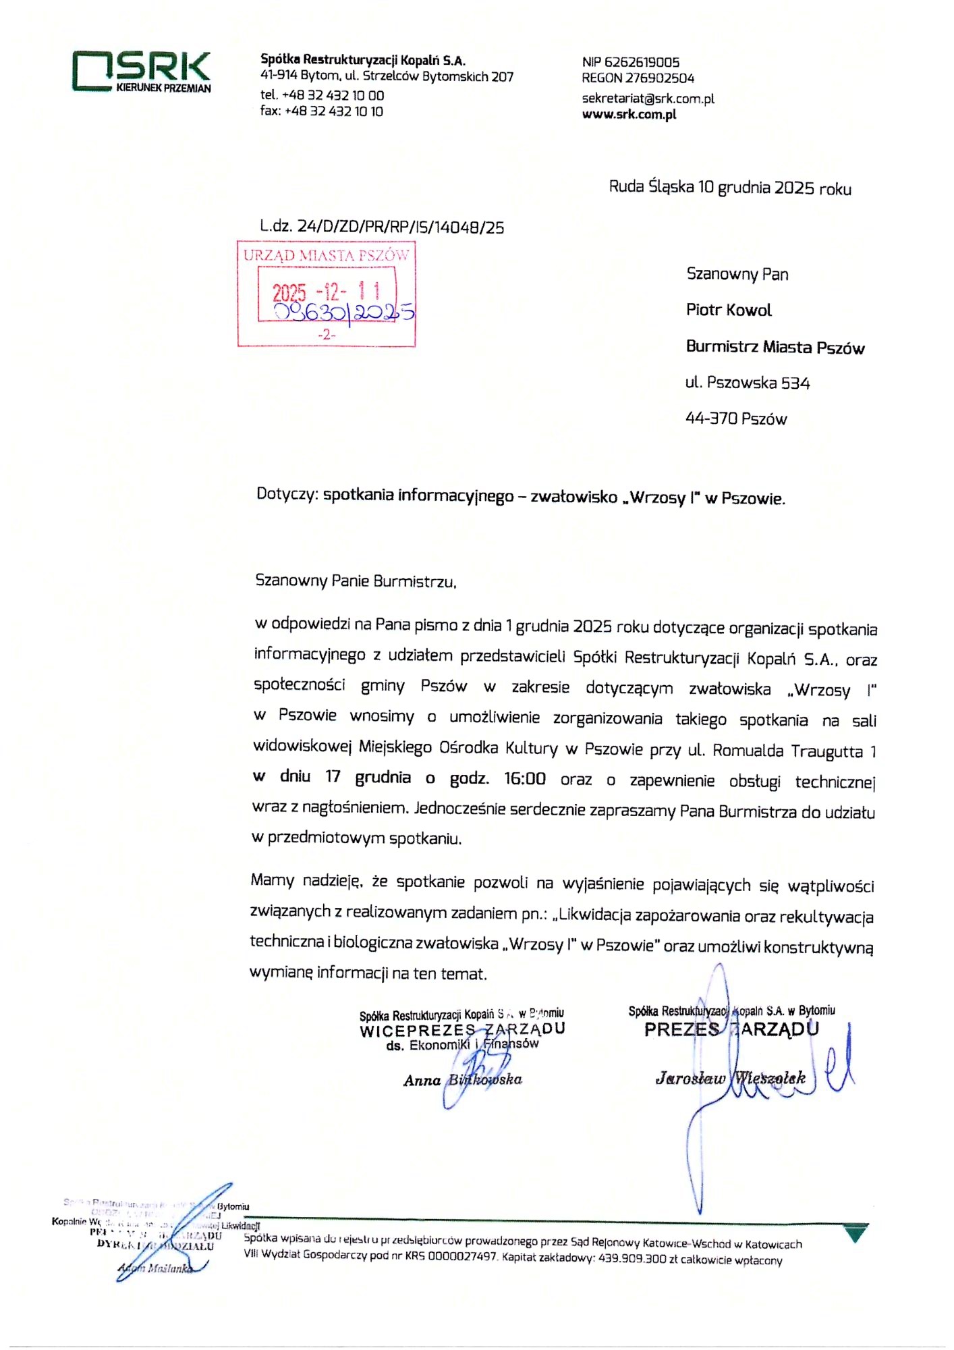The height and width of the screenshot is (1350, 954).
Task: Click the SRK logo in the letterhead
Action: (x=142, y=70)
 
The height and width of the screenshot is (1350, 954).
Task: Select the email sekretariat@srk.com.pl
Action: (x=648, y=99)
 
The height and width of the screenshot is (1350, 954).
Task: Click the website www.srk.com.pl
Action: (x=629, y=114)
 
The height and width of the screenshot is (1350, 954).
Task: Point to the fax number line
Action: (x=322, y=111)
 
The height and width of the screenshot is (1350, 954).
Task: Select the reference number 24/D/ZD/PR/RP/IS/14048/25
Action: (x=401, y=227)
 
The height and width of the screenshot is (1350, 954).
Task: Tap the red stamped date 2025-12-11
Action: (x=327, y=292)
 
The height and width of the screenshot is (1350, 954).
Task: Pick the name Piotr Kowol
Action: (x=729, y=310)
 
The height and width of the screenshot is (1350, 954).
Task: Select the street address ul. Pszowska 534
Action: (x=748, y=383)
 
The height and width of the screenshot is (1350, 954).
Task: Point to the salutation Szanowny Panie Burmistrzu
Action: (x=356, y=580)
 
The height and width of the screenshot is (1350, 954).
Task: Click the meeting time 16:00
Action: (x=525, y=779)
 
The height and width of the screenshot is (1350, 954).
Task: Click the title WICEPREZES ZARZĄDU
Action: (x=462, y=1029)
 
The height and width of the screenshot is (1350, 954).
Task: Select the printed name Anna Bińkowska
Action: (x=463, y=1080)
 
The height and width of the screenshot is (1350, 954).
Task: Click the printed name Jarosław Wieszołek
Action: (x=731, y=1078)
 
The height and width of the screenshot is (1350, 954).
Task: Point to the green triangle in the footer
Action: (x=856, y=1235)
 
